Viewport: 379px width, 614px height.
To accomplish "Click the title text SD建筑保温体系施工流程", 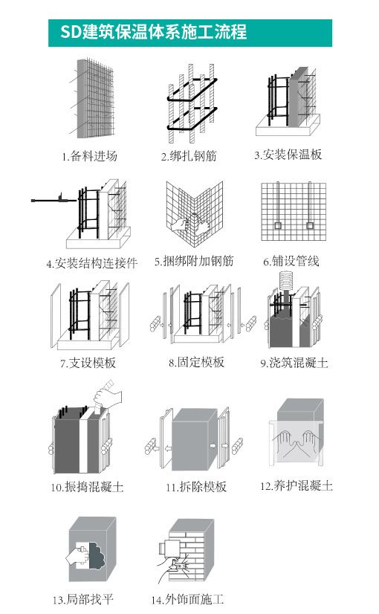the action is [x=154, y=32].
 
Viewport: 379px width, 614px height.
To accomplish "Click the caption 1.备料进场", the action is [x=89, y=156].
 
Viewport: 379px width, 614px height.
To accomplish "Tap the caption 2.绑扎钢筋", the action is [x=189, y=156].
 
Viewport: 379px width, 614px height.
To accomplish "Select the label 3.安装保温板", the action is [x=288, y=155].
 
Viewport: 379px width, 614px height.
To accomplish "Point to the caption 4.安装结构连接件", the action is [x=92, y=263].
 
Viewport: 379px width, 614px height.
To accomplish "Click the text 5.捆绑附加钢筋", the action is [x=194, y=261].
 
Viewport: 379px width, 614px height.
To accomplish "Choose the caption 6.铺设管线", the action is [x=291, y=261].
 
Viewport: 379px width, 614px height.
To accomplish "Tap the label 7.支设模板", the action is [x=88, y=363].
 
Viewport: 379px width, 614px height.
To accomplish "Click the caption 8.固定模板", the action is [x=196, y=362].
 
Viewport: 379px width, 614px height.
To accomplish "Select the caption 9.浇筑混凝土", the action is [x=294, y=363].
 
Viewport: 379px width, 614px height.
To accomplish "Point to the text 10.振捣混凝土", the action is [x=87, y=487].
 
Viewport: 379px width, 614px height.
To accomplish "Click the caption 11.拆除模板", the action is [x=196, y=487].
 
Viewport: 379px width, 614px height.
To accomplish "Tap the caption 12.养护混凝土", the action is [x=297, y=486].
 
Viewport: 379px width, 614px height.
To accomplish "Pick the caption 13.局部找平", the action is [x=82, y=600].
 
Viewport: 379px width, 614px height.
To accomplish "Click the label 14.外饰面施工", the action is [x=187, y=600].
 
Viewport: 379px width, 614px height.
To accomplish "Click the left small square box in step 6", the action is [x=278, y=225].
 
